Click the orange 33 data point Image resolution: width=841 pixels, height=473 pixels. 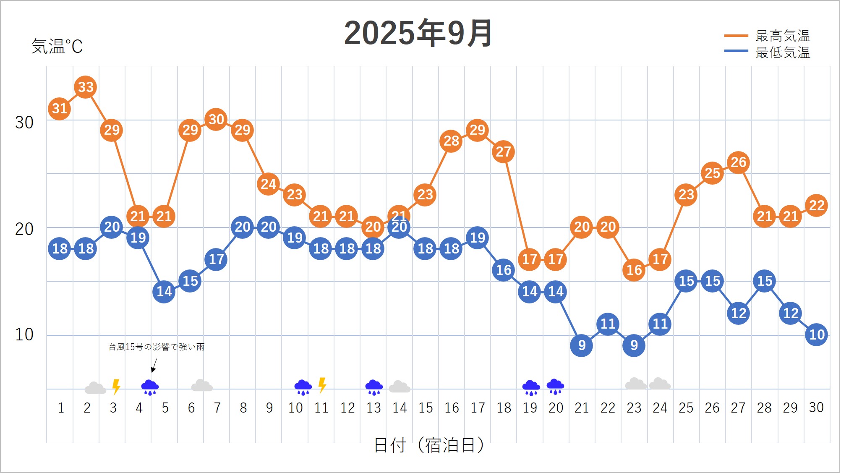click(x=86, y=87)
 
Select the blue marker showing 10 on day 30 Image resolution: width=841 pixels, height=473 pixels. click(x=816, y=334)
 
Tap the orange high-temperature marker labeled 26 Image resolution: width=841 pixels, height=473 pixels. click(x=738, y=162)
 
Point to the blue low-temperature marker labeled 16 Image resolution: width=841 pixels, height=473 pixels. click(x=503, y=270)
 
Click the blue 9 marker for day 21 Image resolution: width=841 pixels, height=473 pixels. click(x=581, y=345)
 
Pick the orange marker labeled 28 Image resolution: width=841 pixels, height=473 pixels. click(x=451, y=141)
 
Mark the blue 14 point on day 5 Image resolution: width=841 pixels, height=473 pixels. click(x=164, y=291)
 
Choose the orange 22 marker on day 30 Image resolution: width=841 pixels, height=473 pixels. click(x=816, y=206)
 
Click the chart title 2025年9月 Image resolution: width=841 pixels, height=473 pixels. click(x=418, y=34)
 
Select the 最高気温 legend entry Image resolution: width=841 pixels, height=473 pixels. click(x=782, y=36)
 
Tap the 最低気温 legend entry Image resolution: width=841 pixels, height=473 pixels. click(x=782, y=52)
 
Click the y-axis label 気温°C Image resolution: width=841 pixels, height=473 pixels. click(x=57, y=47)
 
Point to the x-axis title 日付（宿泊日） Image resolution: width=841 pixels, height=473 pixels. click(x=429, y=445)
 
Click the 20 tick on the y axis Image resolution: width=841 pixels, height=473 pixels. click(x=24, y=229)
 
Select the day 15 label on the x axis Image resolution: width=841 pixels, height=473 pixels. click(x=425, y=408)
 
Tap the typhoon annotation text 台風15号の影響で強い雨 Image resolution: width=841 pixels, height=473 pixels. click(x=157, y=347)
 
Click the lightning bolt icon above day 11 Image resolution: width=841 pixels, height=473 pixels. click(x=322, y=385)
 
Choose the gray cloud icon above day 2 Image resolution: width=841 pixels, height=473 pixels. click(x=95, y=388)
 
